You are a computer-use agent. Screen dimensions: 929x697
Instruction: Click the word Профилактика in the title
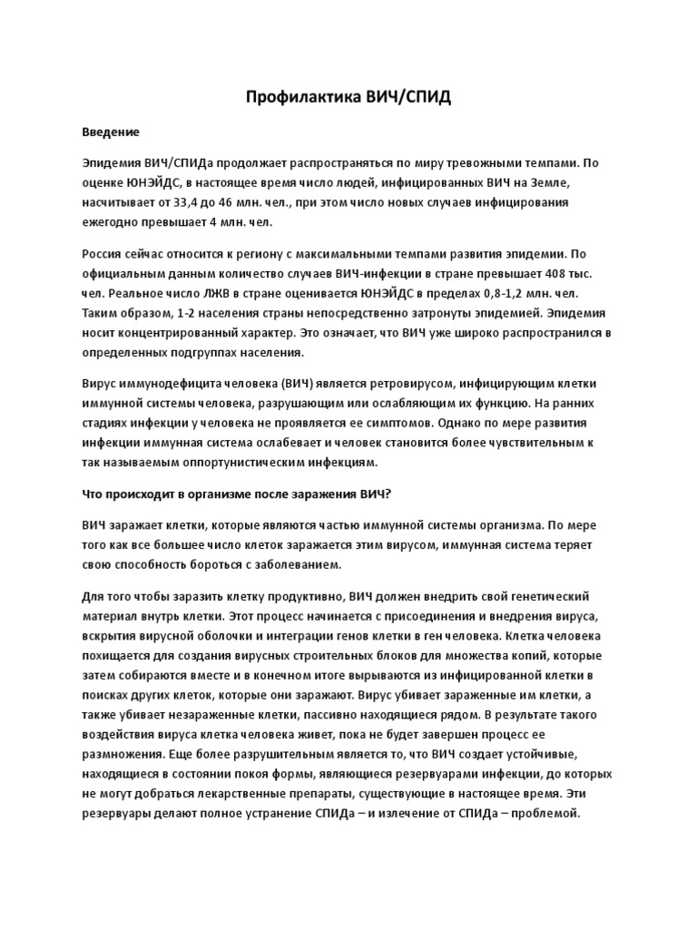295,97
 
